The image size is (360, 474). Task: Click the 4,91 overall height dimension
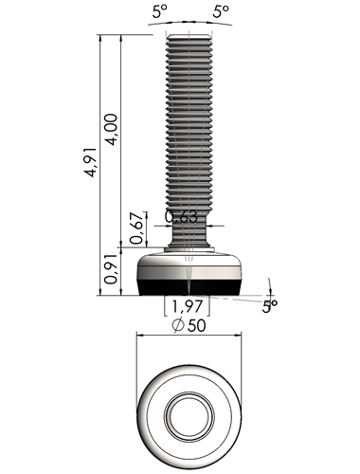click(x=92, y=161)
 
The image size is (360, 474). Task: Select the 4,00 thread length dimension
click(x=112, y=129)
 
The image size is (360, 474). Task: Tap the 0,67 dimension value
click(x=137, y=228)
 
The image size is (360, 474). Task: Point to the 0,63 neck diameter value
click(x=181, y=217)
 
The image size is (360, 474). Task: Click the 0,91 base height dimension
click(x=112, y=269)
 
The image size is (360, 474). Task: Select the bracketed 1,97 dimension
click(x=187, y=306)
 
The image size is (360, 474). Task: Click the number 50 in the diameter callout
click(x=196, y=325)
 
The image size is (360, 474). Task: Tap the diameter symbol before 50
click(x=178, y=325)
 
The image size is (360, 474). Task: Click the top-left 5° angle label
click(x=159, y=12)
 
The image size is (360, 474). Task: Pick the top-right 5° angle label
click(x=221, y=12)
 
